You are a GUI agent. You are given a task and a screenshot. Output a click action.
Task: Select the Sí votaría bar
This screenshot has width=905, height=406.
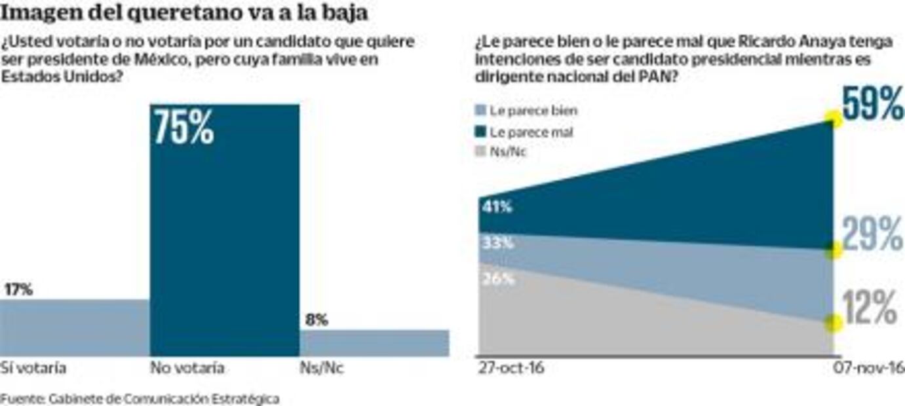click(x=75, y=327)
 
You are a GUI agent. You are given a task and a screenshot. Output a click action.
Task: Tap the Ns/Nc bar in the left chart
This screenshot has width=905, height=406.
click(x=374, y=342)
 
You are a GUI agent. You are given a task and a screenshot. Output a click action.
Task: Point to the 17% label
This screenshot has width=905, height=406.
click(x=18, y=289)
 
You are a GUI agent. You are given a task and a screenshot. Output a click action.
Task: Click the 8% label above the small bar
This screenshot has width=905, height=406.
click(x=317, y=320)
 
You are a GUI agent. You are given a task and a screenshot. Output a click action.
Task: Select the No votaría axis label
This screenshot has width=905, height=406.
click(x=187, y=368)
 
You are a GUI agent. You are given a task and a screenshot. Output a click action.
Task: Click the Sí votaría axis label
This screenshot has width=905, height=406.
click(x=33, y=368)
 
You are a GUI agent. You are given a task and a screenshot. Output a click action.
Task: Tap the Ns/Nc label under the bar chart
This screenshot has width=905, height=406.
click(x=321, y=368)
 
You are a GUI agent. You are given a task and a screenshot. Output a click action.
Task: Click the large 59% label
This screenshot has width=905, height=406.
click(x=872, y=105)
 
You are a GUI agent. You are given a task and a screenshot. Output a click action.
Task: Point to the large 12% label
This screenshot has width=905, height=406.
click(x=870, y=307)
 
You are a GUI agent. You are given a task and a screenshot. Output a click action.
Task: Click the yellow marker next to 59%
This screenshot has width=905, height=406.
click(x=833, y=119)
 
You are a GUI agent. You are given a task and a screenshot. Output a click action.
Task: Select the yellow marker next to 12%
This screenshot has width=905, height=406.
click(x=833, y=322)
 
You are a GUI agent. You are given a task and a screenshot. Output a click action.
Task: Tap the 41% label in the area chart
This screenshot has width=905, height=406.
click(x=497, y=207)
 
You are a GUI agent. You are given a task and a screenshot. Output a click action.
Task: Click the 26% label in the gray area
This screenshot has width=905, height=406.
click(x=497, y=279)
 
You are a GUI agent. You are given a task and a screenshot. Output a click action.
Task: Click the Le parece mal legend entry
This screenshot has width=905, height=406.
click(x=531, y=132)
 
